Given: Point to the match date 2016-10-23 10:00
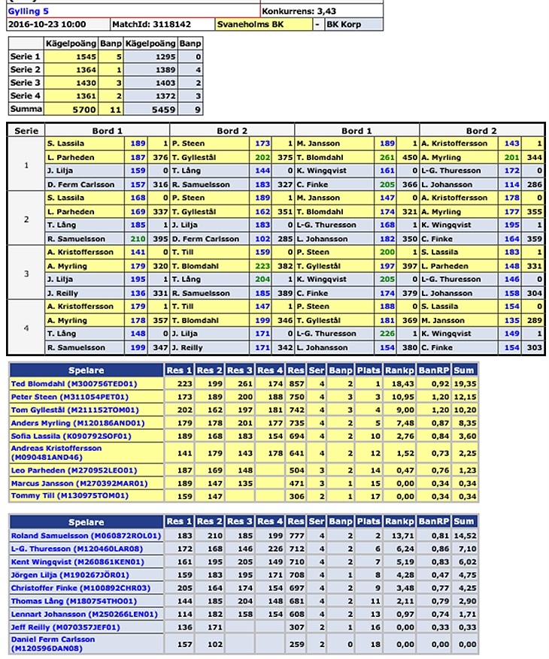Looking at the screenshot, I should tap(47, 25).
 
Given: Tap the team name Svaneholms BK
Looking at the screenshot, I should tap(245, 25).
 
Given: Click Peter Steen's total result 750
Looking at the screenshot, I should tap(296, 397).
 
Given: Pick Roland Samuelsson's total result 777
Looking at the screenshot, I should tap(296, 536).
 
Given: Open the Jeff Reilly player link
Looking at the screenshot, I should tap(64, 626).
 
